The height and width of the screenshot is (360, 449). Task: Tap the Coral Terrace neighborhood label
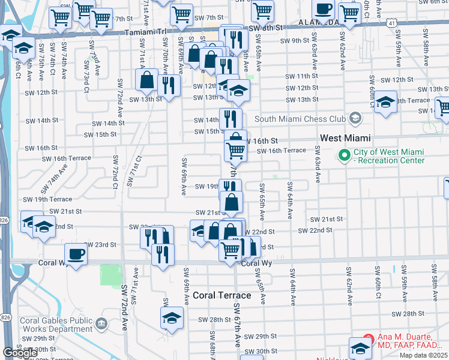pyautogui.click(x=222, y=295)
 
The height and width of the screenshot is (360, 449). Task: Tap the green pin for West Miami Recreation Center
pyautogui.click(x=344, y=155)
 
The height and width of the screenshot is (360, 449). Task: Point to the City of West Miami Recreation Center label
pyautogui.click(x=390, y=155)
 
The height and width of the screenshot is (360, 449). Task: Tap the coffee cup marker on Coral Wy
pyautogui.click(x=76, y=254)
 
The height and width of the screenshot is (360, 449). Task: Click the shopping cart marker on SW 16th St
pyautogui.click(x=236, y=150)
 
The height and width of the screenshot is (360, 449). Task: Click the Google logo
pyautogui.click(x=20, y=353)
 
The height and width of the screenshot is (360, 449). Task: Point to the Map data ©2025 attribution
pyautogui.click(x=423, y=355)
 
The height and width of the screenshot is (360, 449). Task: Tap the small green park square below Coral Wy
pyautogui.click(x=110, y=275)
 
